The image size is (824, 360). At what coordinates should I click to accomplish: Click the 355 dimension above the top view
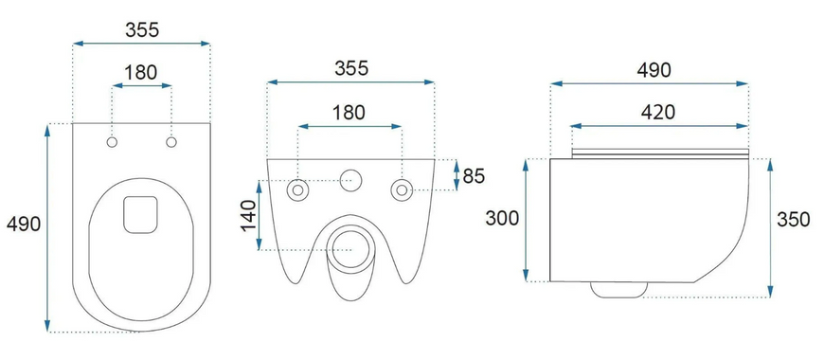point(142,30)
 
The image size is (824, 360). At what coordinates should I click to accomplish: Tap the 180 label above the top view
point(141,73)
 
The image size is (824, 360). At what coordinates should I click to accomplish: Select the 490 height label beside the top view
point(24,224)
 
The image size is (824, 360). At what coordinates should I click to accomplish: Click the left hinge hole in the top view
point(112,142)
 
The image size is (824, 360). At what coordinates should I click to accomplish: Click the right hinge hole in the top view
point(171,142)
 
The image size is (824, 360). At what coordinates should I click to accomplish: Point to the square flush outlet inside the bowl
point(140,214)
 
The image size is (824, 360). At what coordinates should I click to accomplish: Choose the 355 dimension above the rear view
point(351,68)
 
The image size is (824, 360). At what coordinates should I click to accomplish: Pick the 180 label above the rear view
point(349,113)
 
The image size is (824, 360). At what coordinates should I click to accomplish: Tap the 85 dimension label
point(474,176)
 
